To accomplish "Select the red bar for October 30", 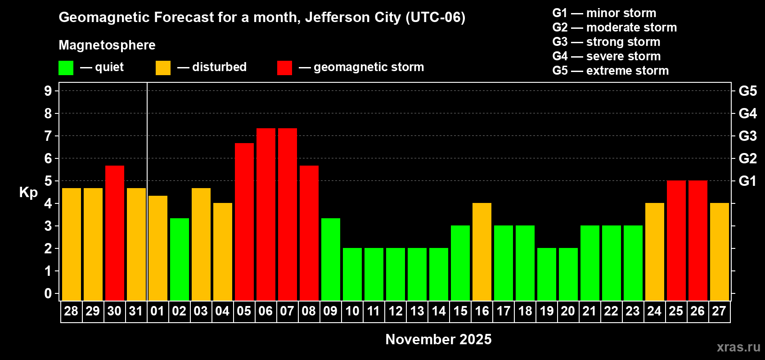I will [x=114, y=233].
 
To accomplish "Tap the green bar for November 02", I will [x=179, y=259].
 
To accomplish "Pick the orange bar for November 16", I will [x=481, y=252].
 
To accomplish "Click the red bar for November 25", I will [x=676, y=240].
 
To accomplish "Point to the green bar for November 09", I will [x=330, y=259].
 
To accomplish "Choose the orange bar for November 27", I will [x=719, y=252].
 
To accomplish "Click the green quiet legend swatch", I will [x=66, y=68].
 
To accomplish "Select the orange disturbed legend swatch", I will [x=163, y=68].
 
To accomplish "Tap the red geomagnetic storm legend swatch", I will [x=284, y=68].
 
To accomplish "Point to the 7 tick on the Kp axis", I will [x=48, y=136].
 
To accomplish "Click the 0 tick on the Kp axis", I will [x=48, y=293].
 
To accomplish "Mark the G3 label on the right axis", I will [x=747, y=136].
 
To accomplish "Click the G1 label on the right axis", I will [x=747, y=181].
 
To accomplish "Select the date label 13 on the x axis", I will [x=417, y=311].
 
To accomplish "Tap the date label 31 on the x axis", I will [x=136, y=311].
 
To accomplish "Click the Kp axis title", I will [x=28, y=192].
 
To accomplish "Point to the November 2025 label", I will [x=438, y=339].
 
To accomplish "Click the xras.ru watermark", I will [x=738, y=347].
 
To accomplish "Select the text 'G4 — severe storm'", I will [x=606, y=56].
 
